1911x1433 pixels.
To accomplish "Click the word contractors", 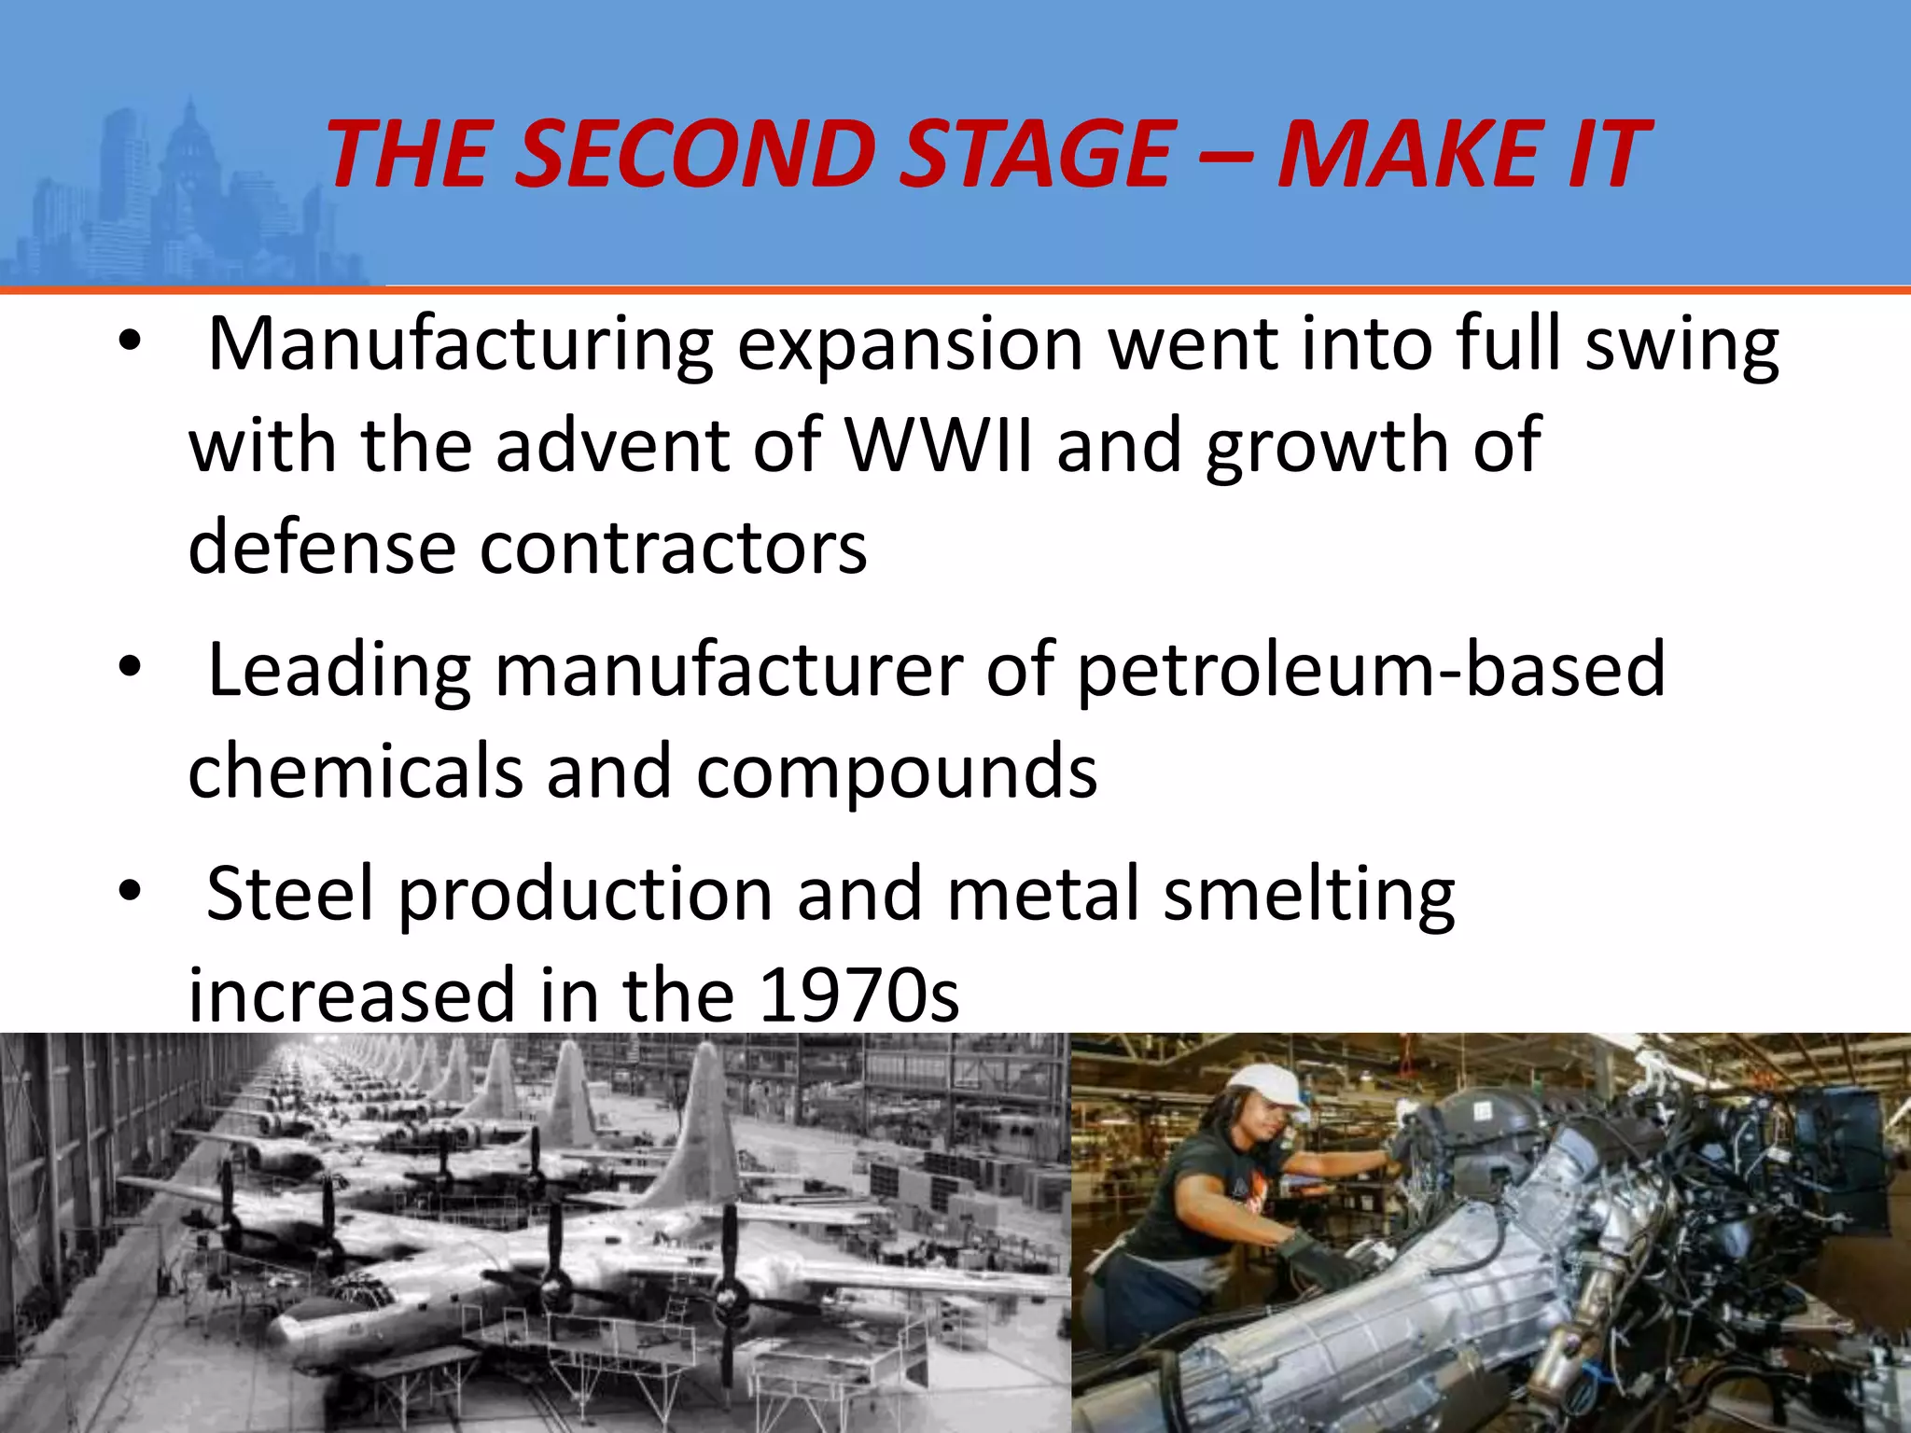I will point(673,548).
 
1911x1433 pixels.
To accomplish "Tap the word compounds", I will point(897,772).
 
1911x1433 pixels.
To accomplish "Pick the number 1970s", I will point(859,995).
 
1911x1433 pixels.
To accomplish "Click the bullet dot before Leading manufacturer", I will point(130,667).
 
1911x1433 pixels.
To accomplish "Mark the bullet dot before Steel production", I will point(130,891).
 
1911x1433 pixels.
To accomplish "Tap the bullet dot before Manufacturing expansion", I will point(130,342).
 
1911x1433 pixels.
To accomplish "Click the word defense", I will point(322,548).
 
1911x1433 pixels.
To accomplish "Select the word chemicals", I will point(356,772).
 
